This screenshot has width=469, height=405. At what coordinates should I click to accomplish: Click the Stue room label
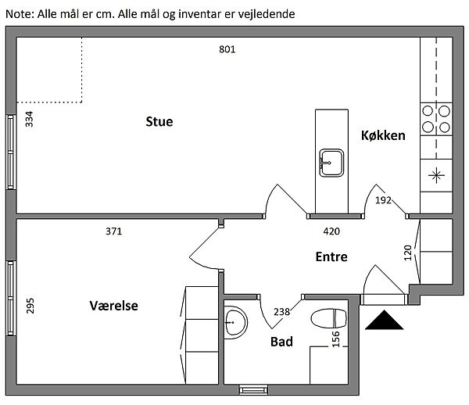159,122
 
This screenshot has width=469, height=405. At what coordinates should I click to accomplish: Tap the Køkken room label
383,135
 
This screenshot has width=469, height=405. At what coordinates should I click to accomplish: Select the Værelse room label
113,306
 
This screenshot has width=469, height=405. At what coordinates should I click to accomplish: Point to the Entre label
331,256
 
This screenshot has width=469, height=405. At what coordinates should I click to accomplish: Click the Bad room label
281,342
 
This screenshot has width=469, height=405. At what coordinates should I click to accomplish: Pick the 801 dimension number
227,49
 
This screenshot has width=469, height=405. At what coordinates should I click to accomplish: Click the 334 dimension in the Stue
30,120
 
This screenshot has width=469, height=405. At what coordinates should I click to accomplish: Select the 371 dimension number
114,231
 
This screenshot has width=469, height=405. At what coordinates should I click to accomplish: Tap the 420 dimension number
331,231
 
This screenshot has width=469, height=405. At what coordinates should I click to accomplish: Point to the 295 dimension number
30,305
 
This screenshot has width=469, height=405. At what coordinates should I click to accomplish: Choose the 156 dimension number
335,339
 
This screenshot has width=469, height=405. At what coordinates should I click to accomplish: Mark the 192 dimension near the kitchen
383,201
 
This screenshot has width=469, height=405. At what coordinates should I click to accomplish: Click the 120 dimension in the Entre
407,253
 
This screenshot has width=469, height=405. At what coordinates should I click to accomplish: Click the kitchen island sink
331,163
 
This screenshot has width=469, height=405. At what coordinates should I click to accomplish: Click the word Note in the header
18,14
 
